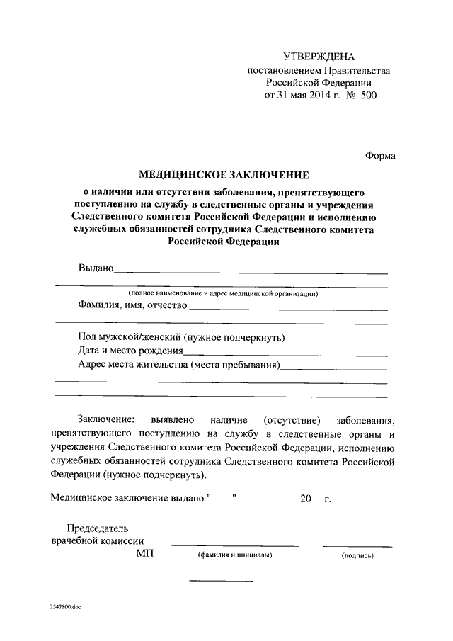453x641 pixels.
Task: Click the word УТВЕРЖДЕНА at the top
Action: coord(318,56)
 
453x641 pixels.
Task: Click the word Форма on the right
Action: coord(380,156)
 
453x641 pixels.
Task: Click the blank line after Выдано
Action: coord(251,272)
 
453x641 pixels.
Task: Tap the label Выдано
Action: coord(96,268)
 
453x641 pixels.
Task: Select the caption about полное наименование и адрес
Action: coord(223,293)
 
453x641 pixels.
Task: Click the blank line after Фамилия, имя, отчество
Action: coord(288,310)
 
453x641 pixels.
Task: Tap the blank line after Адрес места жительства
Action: coord(333,369)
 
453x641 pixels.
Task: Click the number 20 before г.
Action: coord(306,499)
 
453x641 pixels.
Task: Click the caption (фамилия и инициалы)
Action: coord(235,556)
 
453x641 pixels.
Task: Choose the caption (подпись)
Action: coord(357,556)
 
